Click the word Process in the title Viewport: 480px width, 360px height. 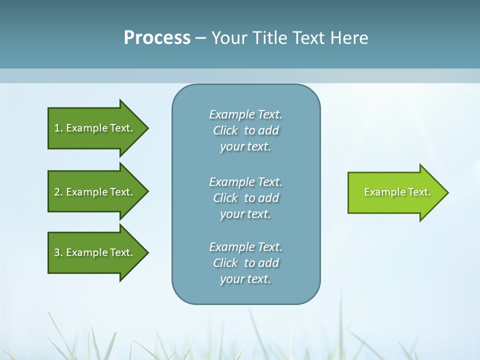(x=157, y=38)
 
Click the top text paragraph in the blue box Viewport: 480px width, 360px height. (x=245, y=130)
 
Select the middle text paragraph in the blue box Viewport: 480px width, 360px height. (x=245, y=198)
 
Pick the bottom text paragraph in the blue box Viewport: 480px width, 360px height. (x=245, y=263)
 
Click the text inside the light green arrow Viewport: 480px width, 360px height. (x=397, y=192)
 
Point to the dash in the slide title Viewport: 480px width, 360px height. (x=200, y=38)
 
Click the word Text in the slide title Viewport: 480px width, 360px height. (x=308, y=38)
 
